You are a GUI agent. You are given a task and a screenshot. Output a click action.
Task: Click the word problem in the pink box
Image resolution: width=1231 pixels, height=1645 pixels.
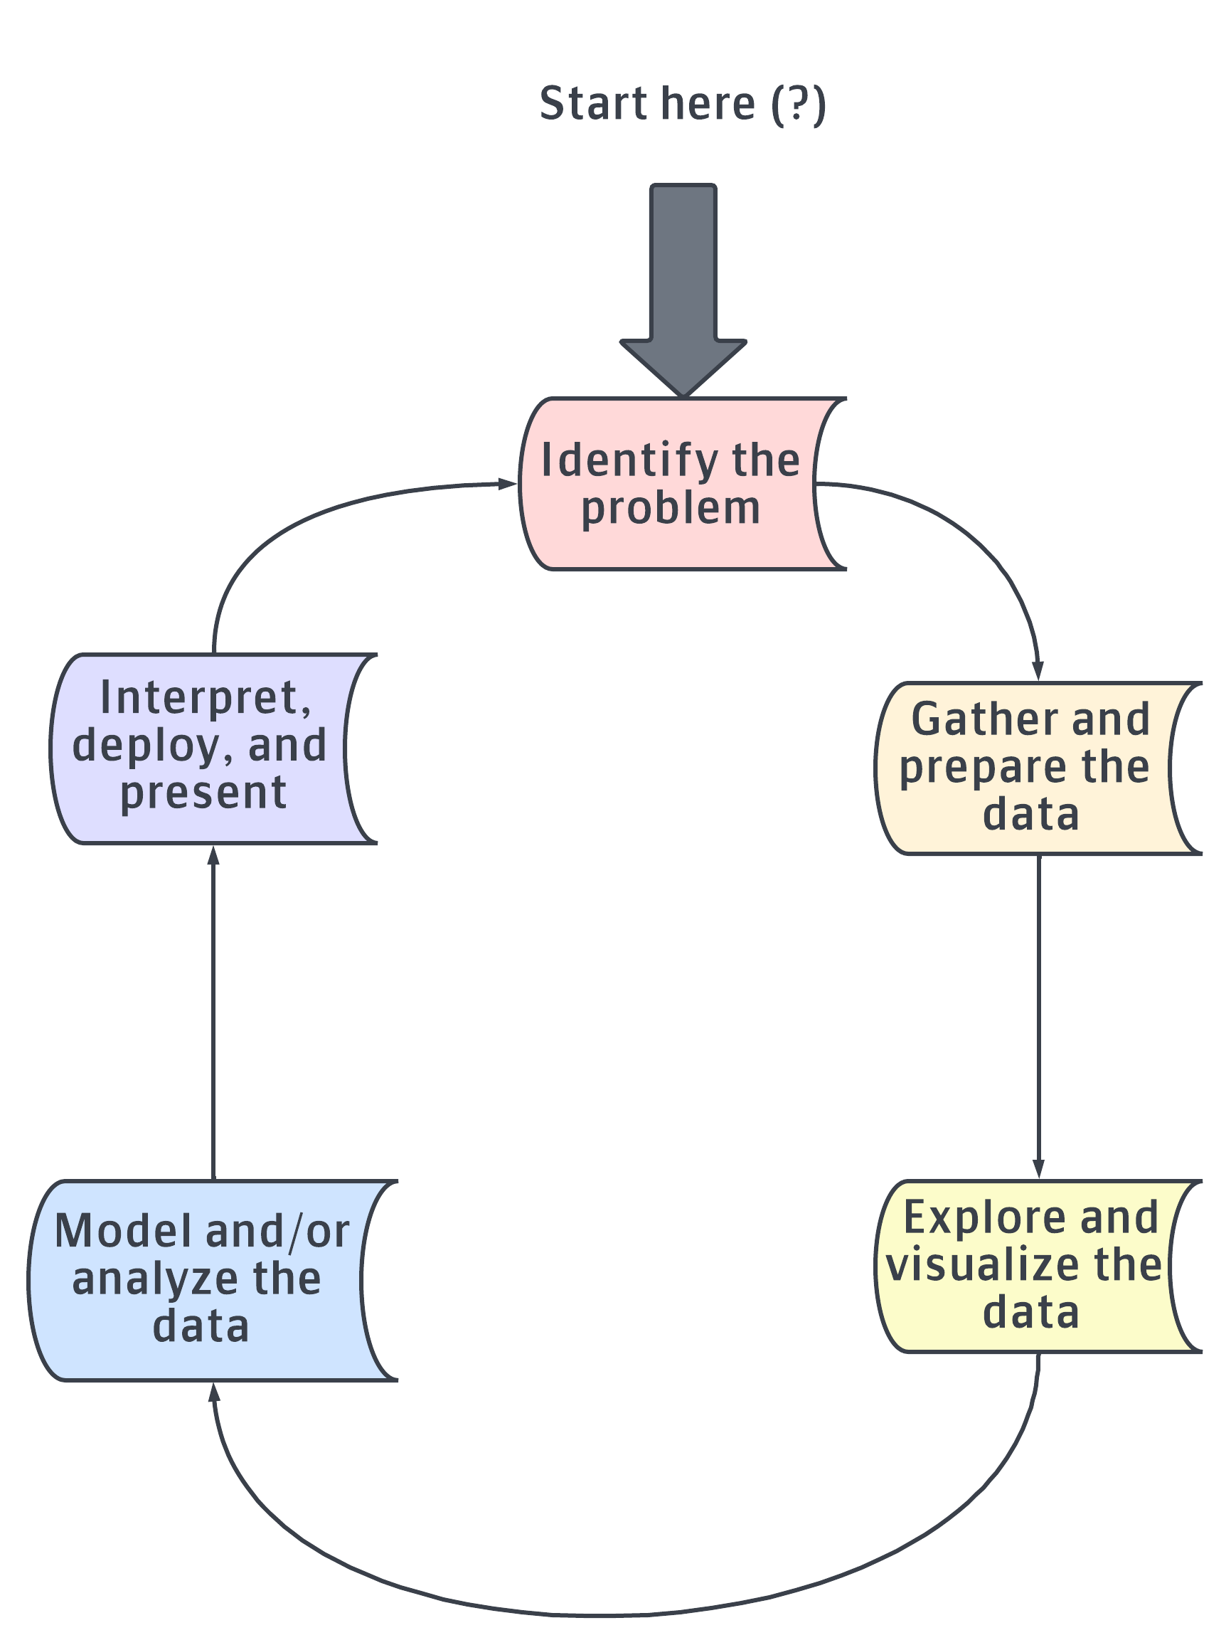tap(671, 509)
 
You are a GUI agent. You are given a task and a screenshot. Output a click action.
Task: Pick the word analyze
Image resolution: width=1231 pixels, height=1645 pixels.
tap(154, 1279)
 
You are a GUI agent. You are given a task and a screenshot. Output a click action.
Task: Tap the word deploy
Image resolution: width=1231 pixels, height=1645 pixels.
tap(146, 745)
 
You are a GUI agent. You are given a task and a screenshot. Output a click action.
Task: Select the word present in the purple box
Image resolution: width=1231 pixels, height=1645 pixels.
tap(203, 793)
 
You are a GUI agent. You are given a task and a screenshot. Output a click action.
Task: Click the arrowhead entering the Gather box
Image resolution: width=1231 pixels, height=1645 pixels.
tap(1038, 670)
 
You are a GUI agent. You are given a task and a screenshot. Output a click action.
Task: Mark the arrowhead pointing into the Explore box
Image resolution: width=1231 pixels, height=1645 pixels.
tap(1038, 1168)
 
